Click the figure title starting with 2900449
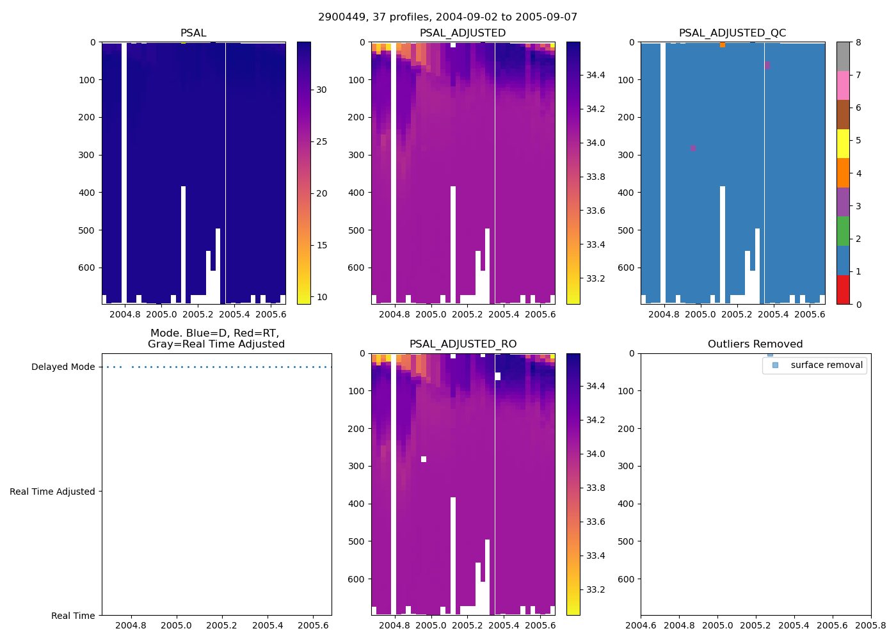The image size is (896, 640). pyautogui.click(x=447, y=17)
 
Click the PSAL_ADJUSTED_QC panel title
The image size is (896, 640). pyautogui.click(x=732, y=33)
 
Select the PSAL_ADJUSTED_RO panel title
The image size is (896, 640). pyautogui.click(x=463, y=344)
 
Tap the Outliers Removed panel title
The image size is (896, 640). pyautogui.click(x=755, y=344)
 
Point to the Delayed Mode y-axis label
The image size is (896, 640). pyautogui.click(x=63, y=367)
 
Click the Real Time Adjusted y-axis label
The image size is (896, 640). pyautogui.click(x=52, y=492)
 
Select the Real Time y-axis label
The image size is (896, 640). pyautogui.click(x=73, y=616)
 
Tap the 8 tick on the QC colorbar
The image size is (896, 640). pyautogui.click(x=858, y=43)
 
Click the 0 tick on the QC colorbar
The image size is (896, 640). pyautogui.click(x=858, y=305)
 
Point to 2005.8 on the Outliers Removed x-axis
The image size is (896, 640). pyautogui.click(x=871, y=626)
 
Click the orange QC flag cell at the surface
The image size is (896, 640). pyautogui.click(x=723, y=45)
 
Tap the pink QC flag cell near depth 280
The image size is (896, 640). pyautogui.click(x=693, y=148)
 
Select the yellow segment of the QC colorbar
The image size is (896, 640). pyautogui.click(x=843, y=144)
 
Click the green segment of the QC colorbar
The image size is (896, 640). pyautogui.click(x=843, y=231)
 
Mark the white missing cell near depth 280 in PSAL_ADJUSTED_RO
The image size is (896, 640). pyautogui.click(x=424, y=459)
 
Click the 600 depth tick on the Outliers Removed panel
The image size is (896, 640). pyautogui.click(x=631, y=579)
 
